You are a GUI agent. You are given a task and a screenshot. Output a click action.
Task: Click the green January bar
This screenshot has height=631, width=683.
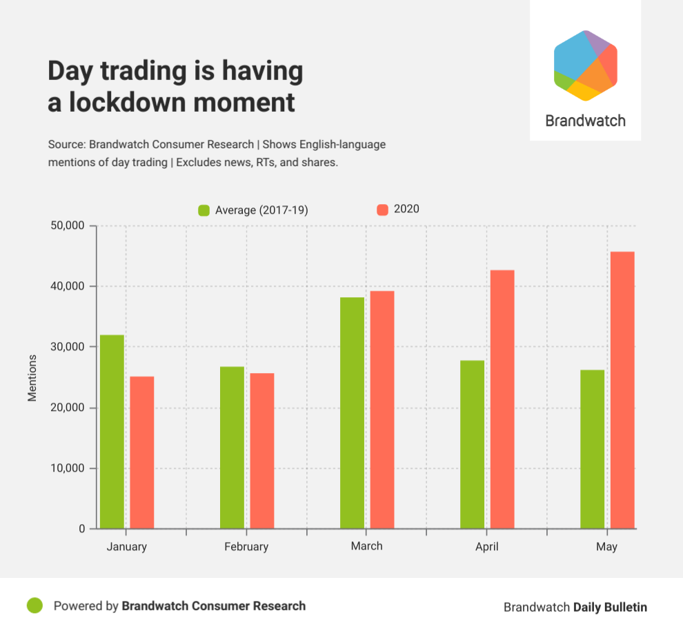coord(112,432)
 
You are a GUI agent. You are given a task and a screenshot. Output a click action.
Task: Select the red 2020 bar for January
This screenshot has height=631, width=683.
coord(142,452)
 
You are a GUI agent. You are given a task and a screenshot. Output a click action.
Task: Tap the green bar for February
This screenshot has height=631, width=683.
coord(232,448)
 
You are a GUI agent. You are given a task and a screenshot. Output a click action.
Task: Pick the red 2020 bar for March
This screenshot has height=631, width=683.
coord(382,410)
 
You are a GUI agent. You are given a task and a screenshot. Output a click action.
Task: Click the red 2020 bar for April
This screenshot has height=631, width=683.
coord(502,399)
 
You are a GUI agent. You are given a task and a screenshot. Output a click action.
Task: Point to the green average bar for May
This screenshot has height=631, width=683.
coord(592,449)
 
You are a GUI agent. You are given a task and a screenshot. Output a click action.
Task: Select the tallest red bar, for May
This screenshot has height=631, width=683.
coord(622,390)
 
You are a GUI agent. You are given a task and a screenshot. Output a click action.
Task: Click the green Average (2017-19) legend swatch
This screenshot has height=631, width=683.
coord(204,210)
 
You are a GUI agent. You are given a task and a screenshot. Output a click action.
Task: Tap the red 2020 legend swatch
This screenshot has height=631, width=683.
coord(382,209)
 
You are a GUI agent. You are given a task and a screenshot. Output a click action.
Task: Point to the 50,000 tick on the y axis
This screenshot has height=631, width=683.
coord(68,226)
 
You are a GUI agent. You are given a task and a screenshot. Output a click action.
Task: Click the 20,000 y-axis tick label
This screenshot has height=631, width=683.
coord(68,408)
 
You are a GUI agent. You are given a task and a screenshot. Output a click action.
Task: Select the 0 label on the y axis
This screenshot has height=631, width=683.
coord(81,529)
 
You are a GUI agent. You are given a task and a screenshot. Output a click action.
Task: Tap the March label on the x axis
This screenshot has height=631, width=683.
coord(366,545)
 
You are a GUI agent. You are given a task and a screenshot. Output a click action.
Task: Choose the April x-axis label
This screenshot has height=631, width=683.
coord(486,546)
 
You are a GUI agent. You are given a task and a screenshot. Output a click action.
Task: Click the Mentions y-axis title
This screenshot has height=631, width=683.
coord(32,377)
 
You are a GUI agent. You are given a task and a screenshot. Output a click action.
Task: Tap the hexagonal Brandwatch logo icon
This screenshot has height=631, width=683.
coord(585,66)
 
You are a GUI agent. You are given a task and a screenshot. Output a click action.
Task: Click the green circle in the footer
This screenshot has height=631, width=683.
coord(35,605)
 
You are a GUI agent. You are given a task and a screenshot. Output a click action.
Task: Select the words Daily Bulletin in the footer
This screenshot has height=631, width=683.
coord(611,607)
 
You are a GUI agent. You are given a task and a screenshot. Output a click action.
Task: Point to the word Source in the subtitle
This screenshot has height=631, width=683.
coord(66,145)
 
